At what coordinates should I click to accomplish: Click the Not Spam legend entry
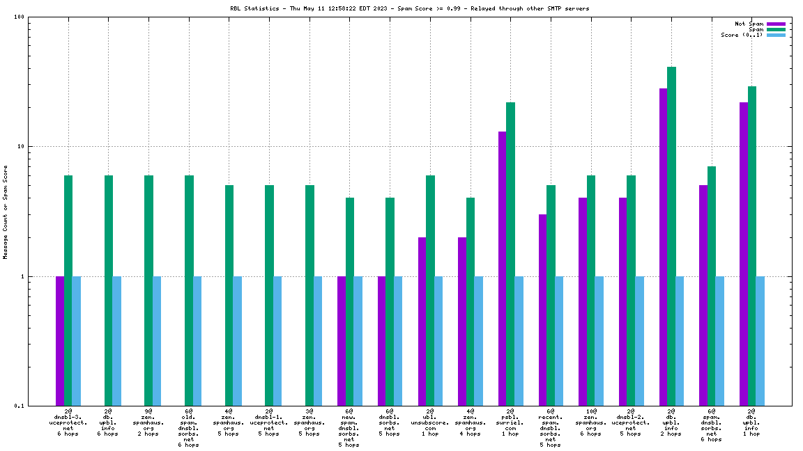pos(749,24)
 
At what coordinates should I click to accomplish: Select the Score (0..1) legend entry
pos(742,35)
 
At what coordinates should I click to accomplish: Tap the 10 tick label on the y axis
pos(21,147)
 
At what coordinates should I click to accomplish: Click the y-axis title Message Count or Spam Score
pos(6,212)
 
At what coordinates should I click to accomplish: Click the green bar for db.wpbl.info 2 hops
pos(671,237)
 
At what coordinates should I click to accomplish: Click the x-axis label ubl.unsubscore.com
pos(430,422)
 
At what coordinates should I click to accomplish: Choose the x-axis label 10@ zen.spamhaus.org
pos(590,422)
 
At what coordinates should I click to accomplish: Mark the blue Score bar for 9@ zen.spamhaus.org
pos(157,341)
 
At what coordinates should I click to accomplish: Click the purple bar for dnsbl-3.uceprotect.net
pos(60,341)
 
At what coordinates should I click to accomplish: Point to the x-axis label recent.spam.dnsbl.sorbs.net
pos(550,428)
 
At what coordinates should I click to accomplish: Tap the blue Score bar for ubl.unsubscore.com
pos(438,341)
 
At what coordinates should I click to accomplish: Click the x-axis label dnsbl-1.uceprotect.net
pos(269,422)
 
